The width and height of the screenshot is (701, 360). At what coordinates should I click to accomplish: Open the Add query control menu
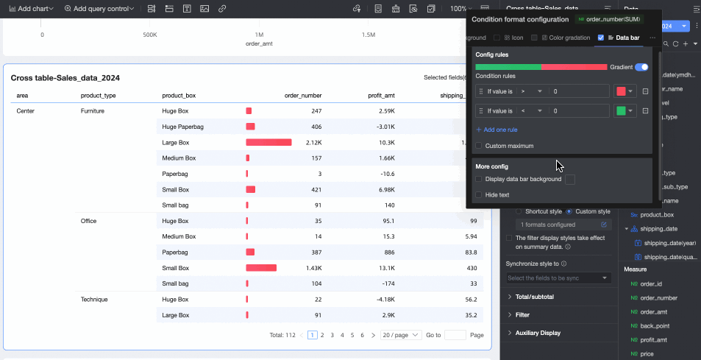pyautogui.click(x=99, y=9)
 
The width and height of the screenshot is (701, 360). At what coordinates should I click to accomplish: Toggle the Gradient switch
pyautogui.click(x=641, y=67)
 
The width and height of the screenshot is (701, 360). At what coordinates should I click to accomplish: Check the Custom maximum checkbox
pyautogui.click(x=480, y=146)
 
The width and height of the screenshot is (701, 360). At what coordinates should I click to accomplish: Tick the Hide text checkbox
pyautogui.click(x=480, y=195)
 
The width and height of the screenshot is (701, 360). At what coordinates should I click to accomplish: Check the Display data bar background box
pyautogui.click(x=480, y=179)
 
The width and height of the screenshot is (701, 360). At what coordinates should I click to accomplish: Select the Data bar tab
pyautogui.click(x=622, y=38)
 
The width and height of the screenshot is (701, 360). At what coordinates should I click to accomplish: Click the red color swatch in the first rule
pyautogui.click(x=621, y=91)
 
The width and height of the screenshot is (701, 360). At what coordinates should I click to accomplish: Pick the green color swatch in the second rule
pyautogui.click(x=621, y=111)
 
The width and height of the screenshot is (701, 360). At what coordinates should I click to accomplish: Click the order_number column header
pyautogui.click(x=303, y=96)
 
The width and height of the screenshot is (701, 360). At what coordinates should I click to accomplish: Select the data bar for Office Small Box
pyautogui.click(x=261, y=268)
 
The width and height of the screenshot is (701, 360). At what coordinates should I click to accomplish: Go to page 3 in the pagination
pyautogui.click(x=332, y=335)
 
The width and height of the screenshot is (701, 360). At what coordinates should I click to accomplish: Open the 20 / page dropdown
pyautogui.click(x=401, y=335)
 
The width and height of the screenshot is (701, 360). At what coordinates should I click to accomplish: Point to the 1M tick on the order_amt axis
pyautogui.click(x=259, y=35)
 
